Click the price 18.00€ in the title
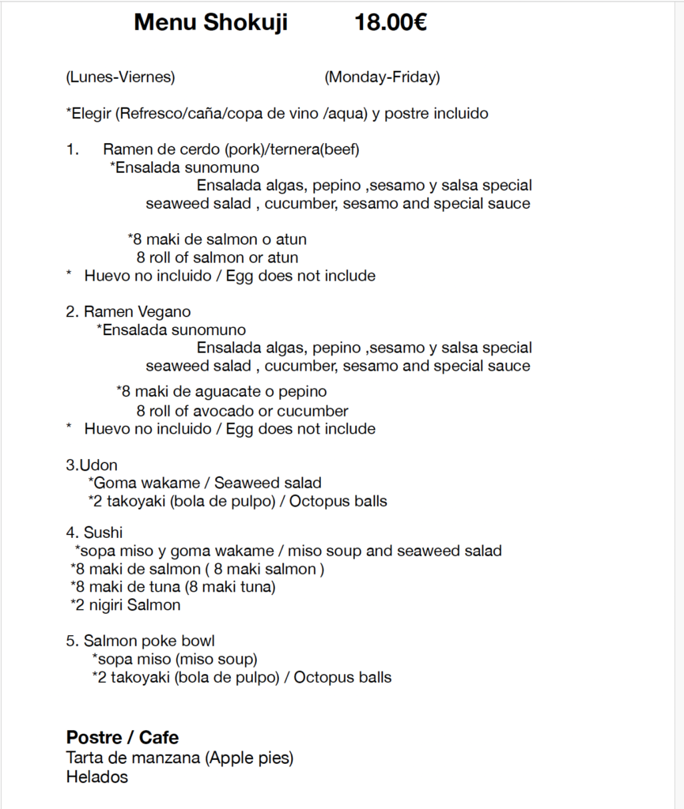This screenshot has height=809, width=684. [x=391, y=23]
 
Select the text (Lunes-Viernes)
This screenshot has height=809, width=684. [x=121, y=77]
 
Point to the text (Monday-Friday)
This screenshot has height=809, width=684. [x=382, y=77]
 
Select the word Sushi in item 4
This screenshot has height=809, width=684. [x=104, y=532]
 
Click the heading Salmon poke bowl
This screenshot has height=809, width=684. [x=149, y=641]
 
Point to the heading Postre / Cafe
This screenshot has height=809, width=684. [x=123, y=737]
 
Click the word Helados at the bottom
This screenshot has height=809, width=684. [x=96, y=777]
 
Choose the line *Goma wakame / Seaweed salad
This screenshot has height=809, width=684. [x=205, y=483]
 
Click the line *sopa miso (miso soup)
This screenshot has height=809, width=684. [x=175, y=659]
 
